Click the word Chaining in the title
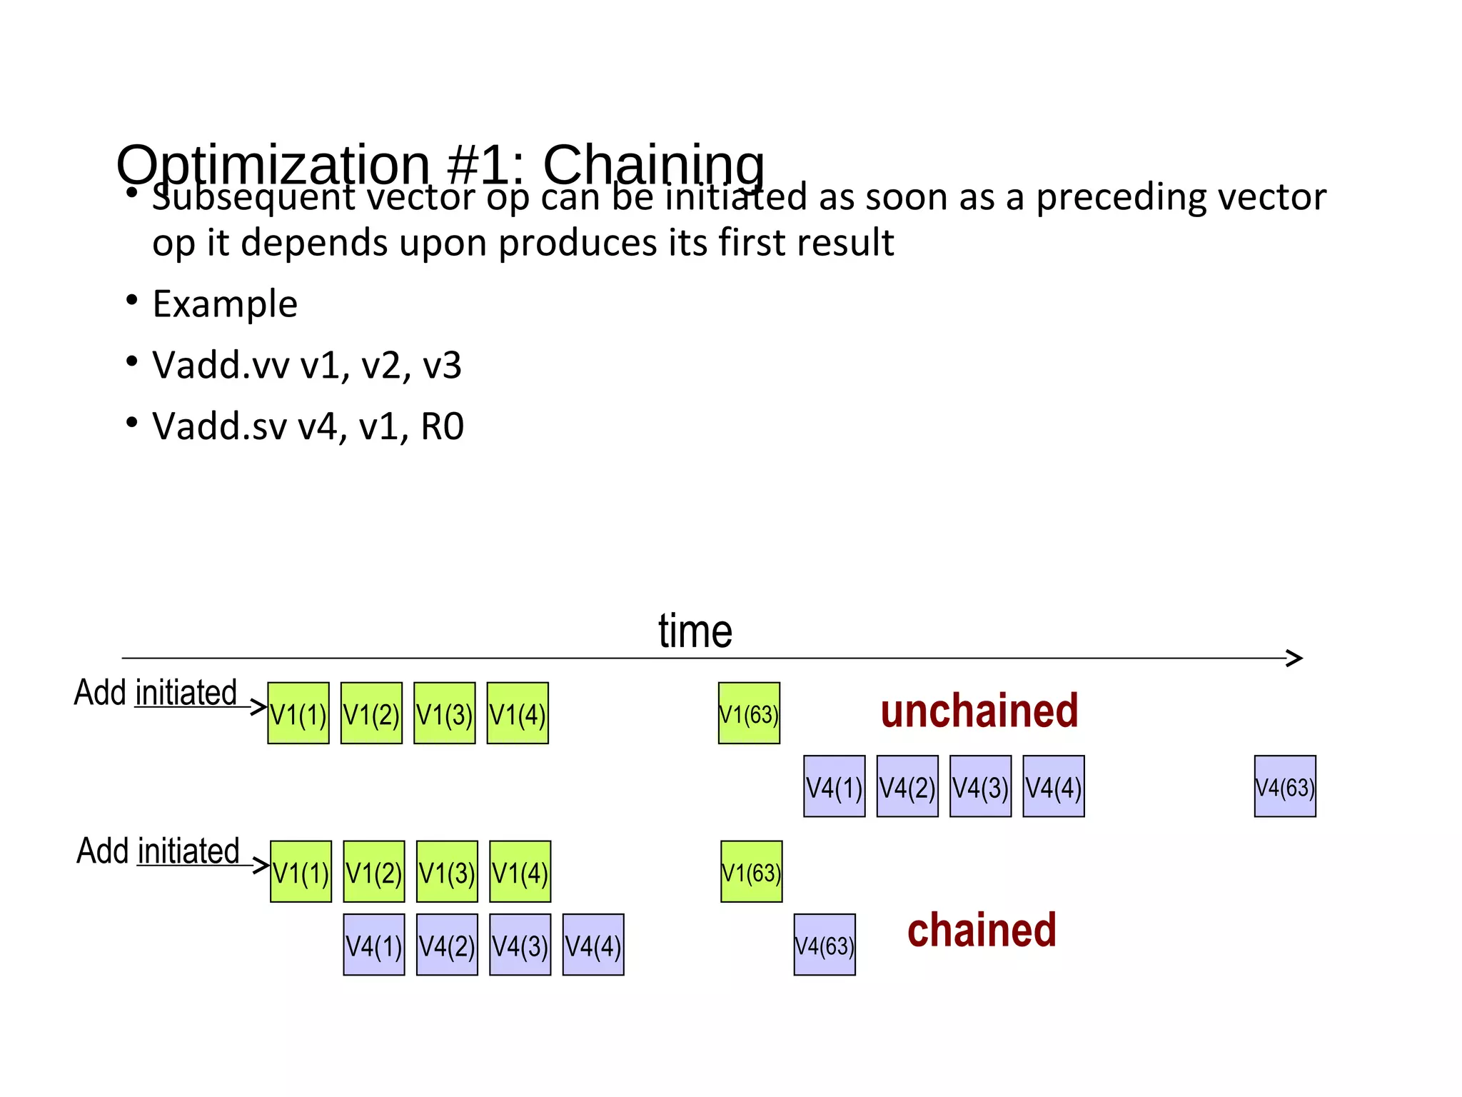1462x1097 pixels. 653,165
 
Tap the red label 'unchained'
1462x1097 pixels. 979,711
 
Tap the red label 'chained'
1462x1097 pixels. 982,931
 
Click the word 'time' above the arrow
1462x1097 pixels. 695,631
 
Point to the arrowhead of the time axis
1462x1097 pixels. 1295,658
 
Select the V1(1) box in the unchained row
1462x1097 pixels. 298,713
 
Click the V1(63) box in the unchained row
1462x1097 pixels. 749,713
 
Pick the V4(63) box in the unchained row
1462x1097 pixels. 1285,786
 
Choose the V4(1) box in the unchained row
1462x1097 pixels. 835,786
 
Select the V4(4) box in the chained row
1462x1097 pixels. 593,945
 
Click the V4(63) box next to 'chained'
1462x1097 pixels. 825,945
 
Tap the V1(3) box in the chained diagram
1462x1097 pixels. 447,872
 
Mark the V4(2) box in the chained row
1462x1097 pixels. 447,945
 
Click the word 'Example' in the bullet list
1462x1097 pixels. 225,304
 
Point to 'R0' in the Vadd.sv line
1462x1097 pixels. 443,427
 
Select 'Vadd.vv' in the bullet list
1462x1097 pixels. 221,366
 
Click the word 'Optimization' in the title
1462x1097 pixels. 273,165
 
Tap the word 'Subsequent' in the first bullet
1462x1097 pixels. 253,197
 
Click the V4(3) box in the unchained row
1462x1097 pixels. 980,786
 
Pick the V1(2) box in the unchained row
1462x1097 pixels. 371,713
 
